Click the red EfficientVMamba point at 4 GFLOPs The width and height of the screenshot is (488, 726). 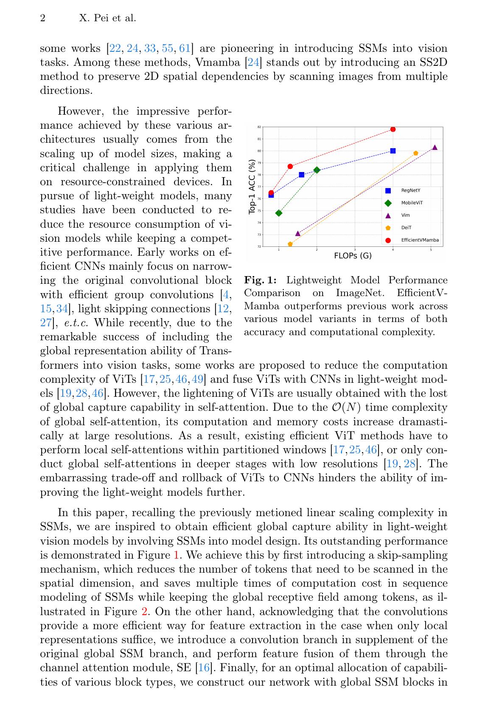click(393, 129)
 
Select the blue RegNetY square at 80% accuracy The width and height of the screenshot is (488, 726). click(393, 151)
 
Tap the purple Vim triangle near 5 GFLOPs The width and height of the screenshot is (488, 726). click(435, 147)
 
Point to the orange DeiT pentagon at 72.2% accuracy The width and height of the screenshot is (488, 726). click(290, 244)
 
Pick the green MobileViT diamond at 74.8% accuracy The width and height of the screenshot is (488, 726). click(279, 213)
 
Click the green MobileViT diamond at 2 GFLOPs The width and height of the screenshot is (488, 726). click(317, 170)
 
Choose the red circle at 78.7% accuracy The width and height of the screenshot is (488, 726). click(290, 166)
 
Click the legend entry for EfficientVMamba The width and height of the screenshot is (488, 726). click(420, 240)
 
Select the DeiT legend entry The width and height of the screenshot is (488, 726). click(406, 228)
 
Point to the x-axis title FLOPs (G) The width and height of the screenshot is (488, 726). click(353, 256)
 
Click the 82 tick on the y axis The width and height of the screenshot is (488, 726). click(259, 127)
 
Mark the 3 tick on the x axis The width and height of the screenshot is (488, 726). click(355, 249)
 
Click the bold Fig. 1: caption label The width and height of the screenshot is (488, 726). click(260, 280)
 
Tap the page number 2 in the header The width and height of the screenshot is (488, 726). click(42, 18)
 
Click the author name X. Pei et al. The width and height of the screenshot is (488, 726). click(107, 18)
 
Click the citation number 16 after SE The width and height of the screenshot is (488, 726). click(204, 668)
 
